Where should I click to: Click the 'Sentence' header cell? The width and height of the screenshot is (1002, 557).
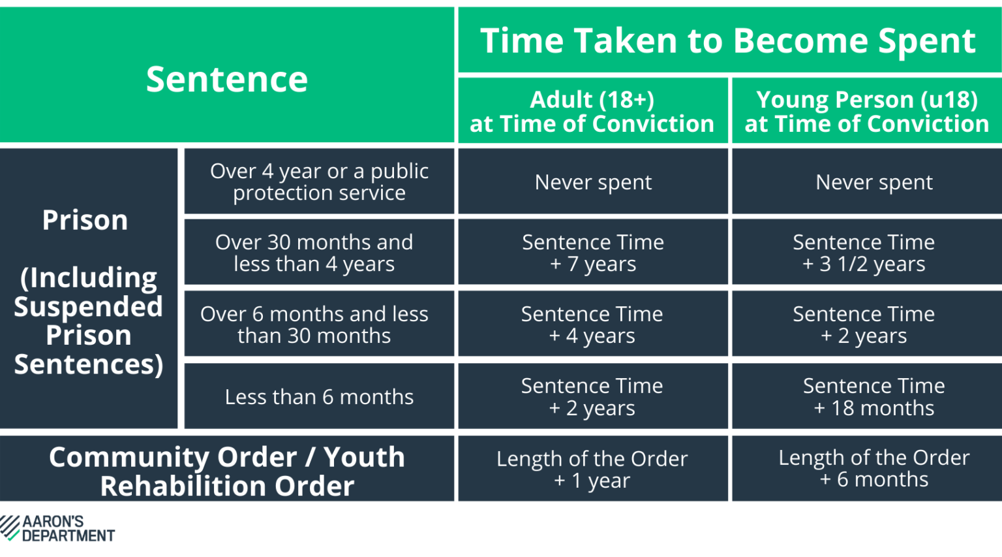tap(226, 79)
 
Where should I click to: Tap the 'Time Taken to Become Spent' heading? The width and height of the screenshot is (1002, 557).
tap(728, 40)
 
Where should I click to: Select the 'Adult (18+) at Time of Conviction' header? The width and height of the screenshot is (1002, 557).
tap(592, 111)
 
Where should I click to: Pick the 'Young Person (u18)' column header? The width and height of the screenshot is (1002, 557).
tap(866, 111)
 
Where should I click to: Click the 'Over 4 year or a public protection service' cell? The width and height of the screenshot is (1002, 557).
tap(319, 182)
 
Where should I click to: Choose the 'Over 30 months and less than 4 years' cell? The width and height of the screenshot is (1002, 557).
tap(314, 253)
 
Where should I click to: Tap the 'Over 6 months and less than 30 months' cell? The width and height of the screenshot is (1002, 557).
tap(314, 325)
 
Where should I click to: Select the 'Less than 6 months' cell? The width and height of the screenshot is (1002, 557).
tap(319, 396)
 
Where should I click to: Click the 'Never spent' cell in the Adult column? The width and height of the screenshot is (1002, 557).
tap(593, 182)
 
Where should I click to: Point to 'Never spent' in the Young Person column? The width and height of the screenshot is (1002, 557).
tap(873, 182)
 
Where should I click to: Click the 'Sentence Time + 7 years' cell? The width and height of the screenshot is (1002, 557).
tap(593, 253)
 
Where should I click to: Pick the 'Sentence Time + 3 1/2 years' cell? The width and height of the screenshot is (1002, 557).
tap(864, 253)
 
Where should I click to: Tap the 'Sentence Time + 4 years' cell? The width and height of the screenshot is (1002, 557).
tap(592, 325)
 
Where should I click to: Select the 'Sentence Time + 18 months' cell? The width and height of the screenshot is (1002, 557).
tap(873, 396)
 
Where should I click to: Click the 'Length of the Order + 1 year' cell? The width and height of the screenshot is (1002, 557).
tap(592, 469)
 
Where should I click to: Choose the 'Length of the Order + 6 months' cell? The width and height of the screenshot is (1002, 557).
tap(873, 468)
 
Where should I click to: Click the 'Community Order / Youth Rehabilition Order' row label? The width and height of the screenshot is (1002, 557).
tap(226, 471)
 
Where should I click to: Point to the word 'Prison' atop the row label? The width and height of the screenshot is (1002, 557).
tap(85, 220)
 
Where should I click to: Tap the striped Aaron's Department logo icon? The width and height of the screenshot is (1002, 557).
tap(10, 528)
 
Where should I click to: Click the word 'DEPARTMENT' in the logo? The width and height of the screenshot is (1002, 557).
tap(68, 535)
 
